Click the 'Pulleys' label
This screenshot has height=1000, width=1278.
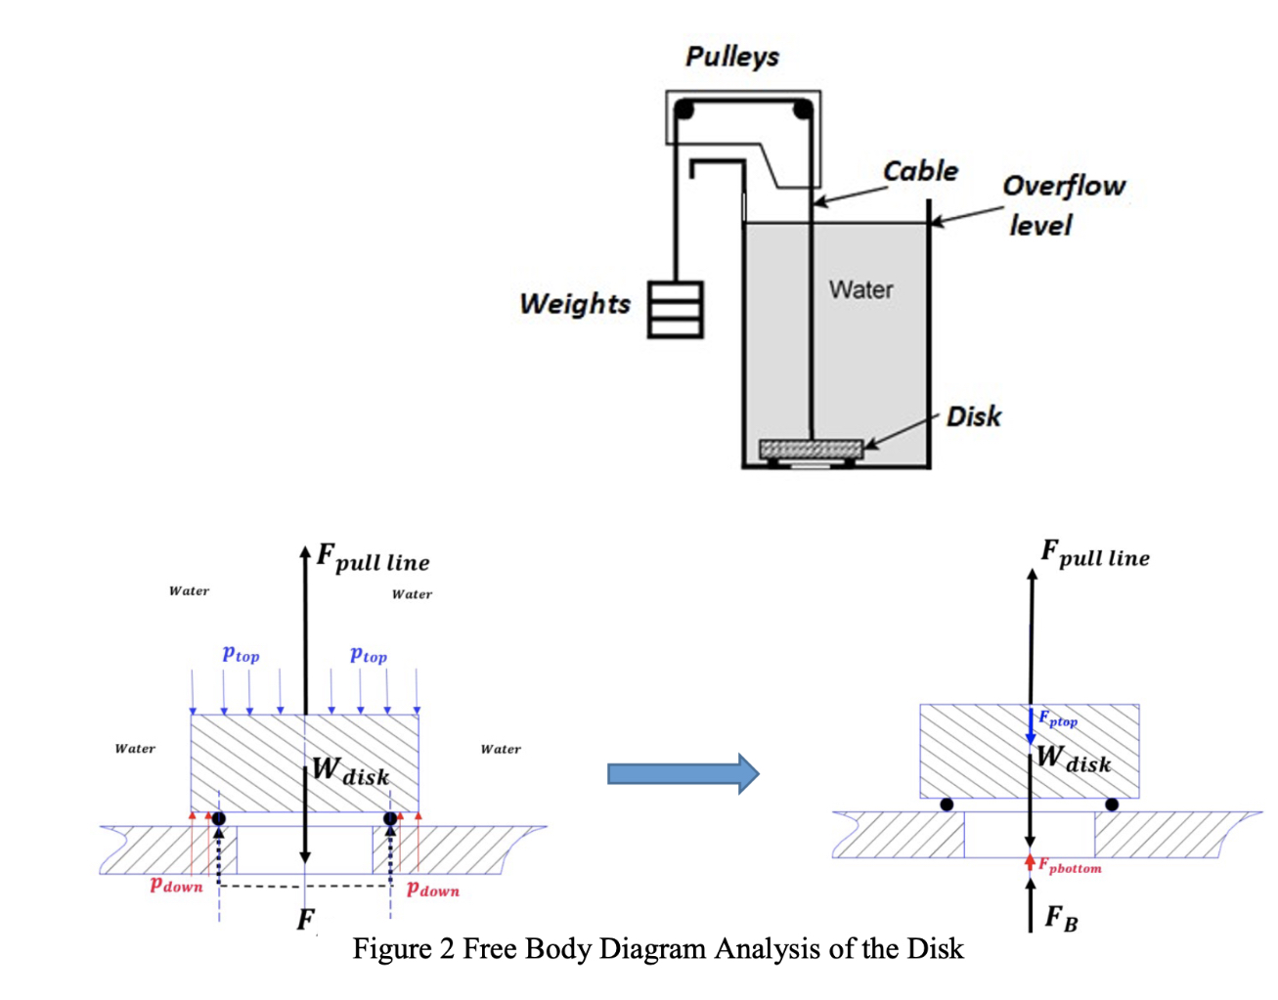pos(731,57)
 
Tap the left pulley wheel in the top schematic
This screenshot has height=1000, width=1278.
pos(684,109)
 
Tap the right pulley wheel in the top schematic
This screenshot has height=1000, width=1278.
pos(802,109)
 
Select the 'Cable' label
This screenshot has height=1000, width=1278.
pos(920,171)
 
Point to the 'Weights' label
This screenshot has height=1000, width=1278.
pos(575,304)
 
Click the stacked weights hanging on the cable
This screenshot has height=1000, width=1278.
pos(676,310)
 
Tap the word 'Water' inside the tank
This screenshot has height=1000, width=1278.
pos(860,290)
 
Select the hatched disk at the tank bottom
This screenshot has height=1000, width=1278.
pos(811,449)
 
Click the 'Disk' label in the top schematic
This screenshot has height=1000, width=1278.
pos(973,417)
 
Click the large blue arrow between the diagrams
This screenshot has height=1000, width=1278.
pos(683,774)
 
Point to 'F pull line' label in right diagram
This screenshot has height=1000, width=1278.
pos(1095,554)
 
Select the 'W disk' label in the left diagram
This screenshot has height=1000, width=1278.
pos(351,772)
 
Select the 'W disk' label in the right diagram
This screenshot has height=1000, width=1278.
pos(1074,760)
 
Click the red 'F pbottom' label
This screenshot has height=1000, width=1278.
pos(1070,867)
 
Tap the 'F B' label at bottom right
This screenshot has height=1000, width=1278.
pos(1061,919)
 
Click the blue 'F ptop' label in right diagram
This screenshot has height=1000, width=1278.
pos(1058,720)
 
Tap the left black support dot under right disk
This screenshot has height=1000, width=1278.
pos(947,804)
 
